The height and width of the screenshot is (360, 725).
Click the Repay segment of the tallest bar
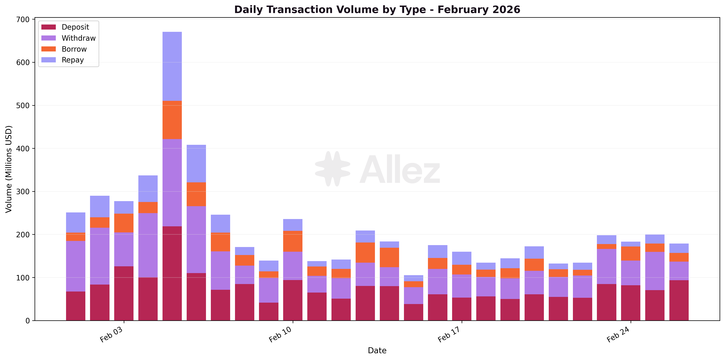click(x=172, y=66)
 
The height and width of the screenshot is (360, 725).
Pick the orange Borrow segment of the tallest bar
click(x=172, y=120)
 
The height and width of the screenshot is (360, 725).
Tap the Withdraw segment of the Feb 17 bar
click(x=461, y=286)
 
